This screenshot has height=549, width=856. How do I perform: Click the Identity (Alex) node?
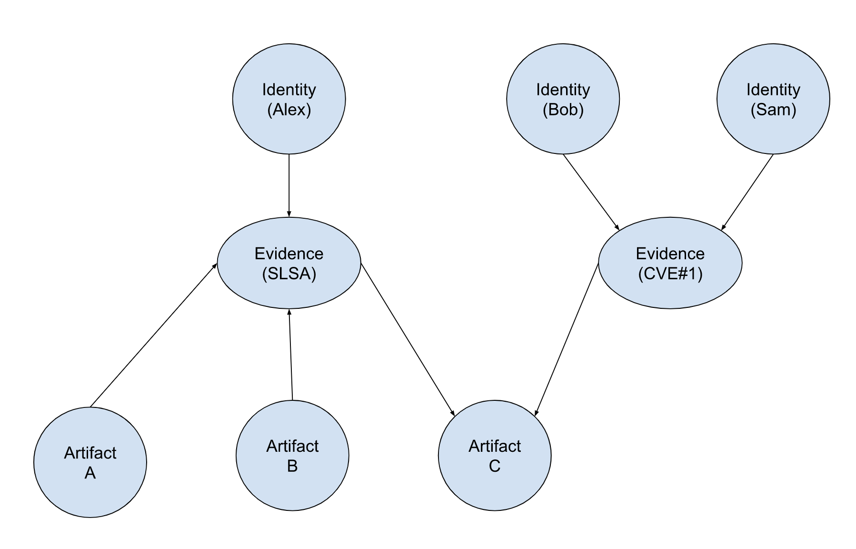pos(289,99)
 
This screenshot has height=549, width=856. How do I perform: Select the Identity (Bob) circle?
pos(563,99)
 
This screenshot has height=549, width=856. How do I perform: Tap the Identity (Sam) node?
pos(773,99)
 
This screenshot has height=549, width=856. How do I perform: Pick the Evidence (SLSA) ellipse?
pos(289,263)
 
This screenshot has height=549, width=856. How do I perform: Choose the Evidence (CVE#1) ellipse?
pos(670,263)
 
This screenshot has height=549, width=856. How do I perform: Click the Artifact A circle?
pos(90,462)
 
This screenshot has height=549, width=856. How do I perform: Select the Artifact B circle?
pos(292,456)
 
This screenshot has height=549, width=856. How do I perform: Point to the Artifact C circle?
pos(495,456)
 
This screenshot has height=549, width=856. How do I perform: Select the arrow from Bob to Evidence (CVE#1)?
pos(591,192)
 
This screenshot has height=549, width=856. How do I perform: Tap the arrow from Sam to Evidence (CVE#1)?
pos(747,192)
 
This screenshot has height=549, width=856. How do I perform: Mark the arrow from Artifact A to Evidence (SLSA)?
pos(153,335)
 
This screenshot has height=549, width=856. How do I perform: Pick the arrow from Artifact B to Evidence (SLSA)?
pos(291,355)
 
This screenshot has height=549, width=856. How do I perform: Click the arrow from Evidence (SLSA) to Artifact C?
pos(408,339)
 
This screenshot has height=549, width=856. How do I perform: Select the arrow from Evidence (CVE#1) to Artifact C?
pos(567,339)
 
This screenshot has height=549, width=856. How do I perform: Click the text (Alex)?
pos(289,110)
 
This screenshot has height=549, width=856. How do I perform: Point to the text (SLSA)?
pos(289,274)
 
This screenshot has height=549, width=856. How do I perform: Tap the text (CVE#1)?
pos(670,274)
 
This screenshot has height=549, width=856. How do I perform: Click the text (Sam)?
pos(773,110)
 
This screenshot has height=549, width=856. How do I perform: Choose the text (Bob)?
pos(563,110)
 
